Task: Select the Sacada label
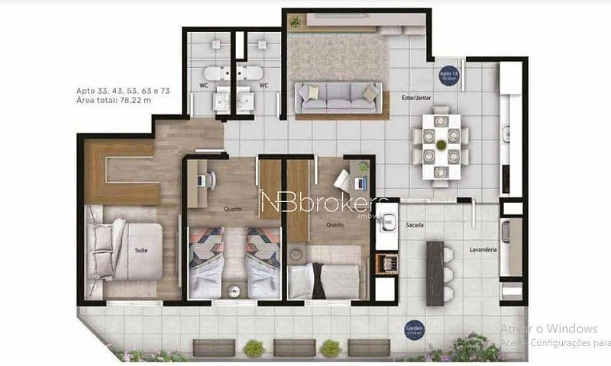pyautogui.click(x=415, y=226)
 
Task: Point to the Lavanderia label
pyautogui.click(x=484, y=249)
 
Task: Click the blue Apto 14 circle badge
pyautogui.click(x=448, y=75)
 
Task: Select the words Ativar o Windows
pyautogui.click(x=548, y=329)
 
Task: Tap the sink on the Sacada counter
pyautogui.click(x=388, y=223)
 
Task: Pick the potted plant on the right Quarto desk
pyautogui.click(x=363, y=166)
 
